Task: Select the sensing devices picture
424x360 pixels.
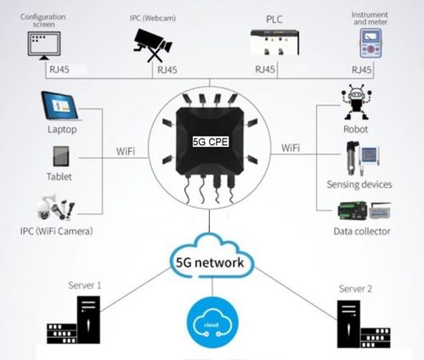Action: (x=358, y=160)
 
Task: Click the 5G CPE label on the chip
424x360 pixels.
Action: (x=212, y=135)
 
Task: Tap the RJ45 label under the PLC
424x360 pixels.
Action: (x=264, y=69)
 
